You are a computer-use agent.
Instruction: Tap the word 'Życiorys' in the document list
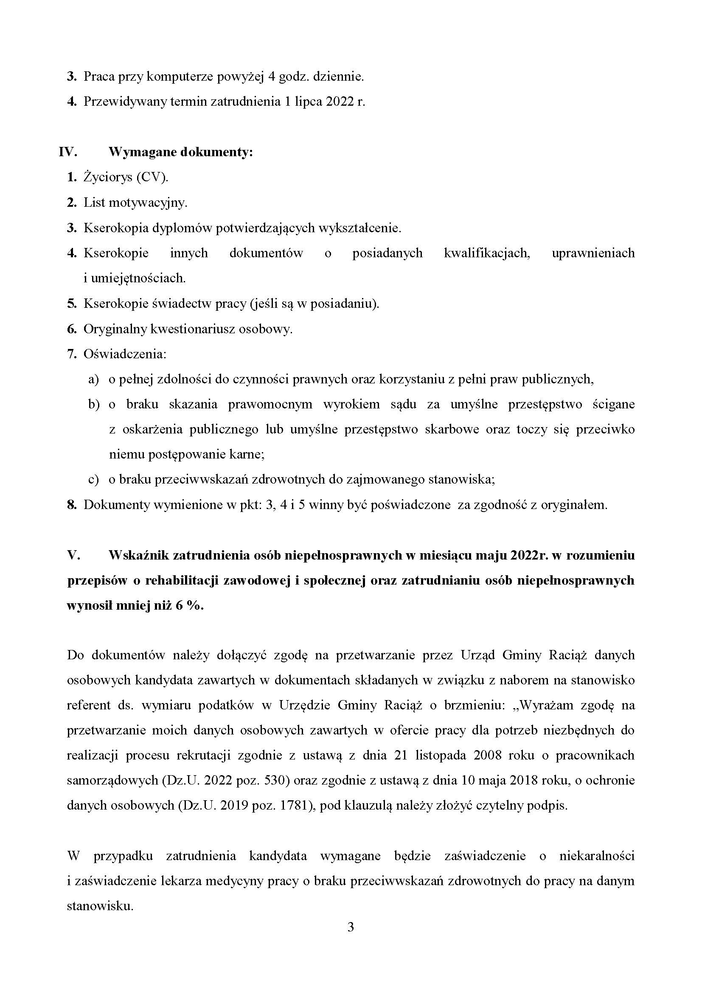[x=108, y=177]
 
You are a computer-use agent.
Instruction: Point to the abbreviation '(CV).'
[x=152, y=177]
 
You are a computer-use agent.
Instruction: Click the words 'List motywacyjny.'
[x=135, y=203]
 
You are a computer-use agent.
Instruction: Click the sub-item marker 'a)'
[x=93, y=379]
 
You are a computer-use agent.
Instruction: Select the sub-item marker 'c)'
[x=93, y=479]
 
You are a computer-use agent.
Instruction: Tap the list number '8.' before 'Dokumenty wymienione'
[x=72, y=505]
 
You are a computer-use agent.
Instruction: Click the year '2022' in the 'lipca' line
[x=337, y=101]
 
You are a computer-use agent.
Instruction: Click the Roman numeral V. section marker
[x=74, y=555]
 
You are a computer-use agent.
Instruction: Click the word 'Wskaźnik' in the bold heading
[x=138, y=555]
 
